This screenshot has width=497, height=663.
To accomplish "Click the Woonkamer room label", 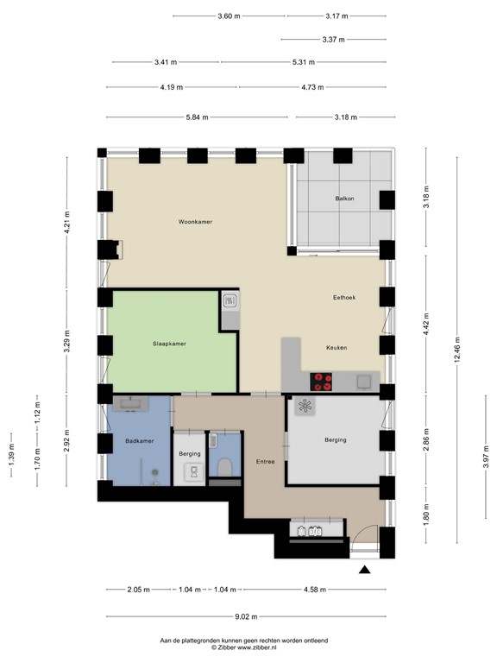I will coord(195,222).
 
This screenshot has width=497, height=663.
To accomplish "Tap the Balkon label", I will coord(345,199).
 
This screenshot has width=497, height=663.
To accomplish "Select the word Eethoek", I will coord(344,298).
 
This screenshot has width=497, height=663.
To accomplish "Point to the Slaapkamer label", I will coord(168,343).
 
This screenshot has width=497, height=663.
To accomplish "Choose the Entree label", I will coord(265,461).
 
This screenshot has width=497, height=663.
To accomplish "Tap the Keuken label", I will coord(337,347).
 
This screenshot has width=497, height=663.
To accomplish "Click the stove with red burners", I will coord(322,381).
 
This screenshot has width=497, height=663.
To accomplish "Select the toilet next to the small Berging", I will coord(225,467).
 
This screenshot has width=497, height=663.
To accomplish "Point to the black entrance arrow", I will coord(364,569).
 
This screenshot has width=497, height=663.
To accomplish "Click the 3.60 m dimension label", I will coord(230,16).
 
